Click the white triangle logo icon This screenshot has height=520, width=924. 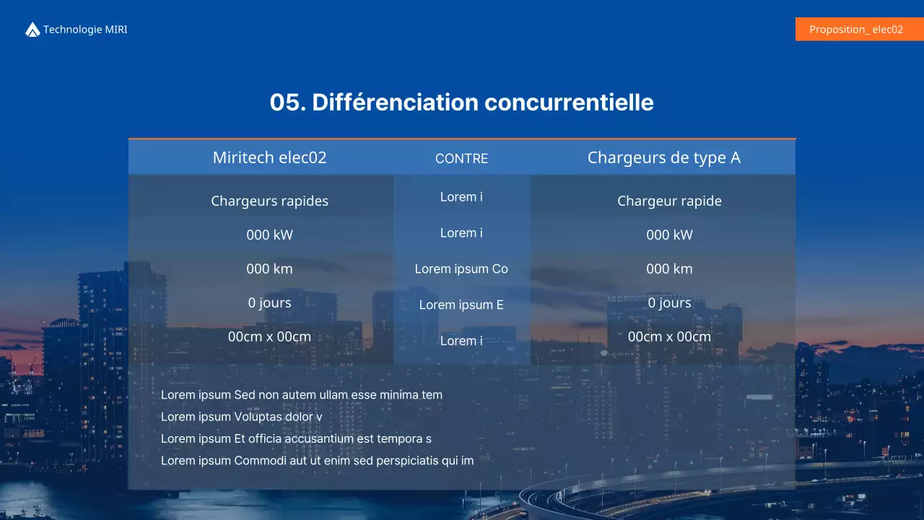pyautogui.click(x=32, y=30)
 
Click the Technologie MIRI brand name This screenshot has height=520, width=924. pyautogui.click(x=85, y=30)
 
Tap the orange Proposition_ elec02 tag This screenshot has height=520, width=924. pyautogui.click(x=856, y=30)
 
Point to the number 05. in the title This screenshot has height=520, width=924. pyautogui.click(x=287, y=103)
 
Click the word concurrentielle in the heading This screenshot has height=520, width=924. pyautogui.click(x=569, y=103)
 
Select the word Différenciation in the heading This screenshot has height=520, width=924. pyautogui.click(x=395, y=103)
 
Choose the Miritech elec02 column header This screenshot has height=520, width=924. pyautogui.click(x=269, y=157)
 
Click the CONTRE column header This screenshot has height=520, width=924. pyautogui.click(x=461, y=159)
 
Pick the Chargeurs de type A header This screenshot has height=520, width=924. pyautogui.click(x=663, y=157)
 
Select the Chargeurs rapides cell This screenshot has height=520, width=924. pyautogui.click(x=269, y=201)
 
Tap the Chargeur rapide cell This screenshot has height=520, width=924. pyautogui.click(x=669, y=201)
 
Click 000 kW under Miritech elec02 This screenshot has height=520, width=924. pyautogui.click(x=269, y=235)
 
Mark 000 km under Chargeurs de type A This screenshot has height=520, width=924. pyautogui.click(x=669, y=269)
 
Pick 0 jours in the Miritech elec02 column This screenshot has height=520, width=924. pyautogui.click(x=269, y=303)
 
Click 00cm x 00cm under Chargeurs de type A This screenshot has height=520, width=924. pyautogui.click(x=669, y=337)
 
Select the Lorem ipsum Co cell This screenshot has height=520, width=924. pyautogui.click(x=461, y=269)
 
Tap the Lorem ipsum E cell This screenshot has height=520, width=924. pyautogui.click(x=461, y=305)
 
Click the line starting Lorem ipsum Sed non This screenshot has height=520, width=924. pyautogui.click(x=302, y=395)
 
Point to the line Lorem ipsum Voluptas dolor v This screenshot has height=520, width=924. pyautogui.click(x=241, y=417)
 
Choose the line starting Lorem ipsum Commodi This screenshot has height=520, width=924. pyautogui.click(x=317, y=460)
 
